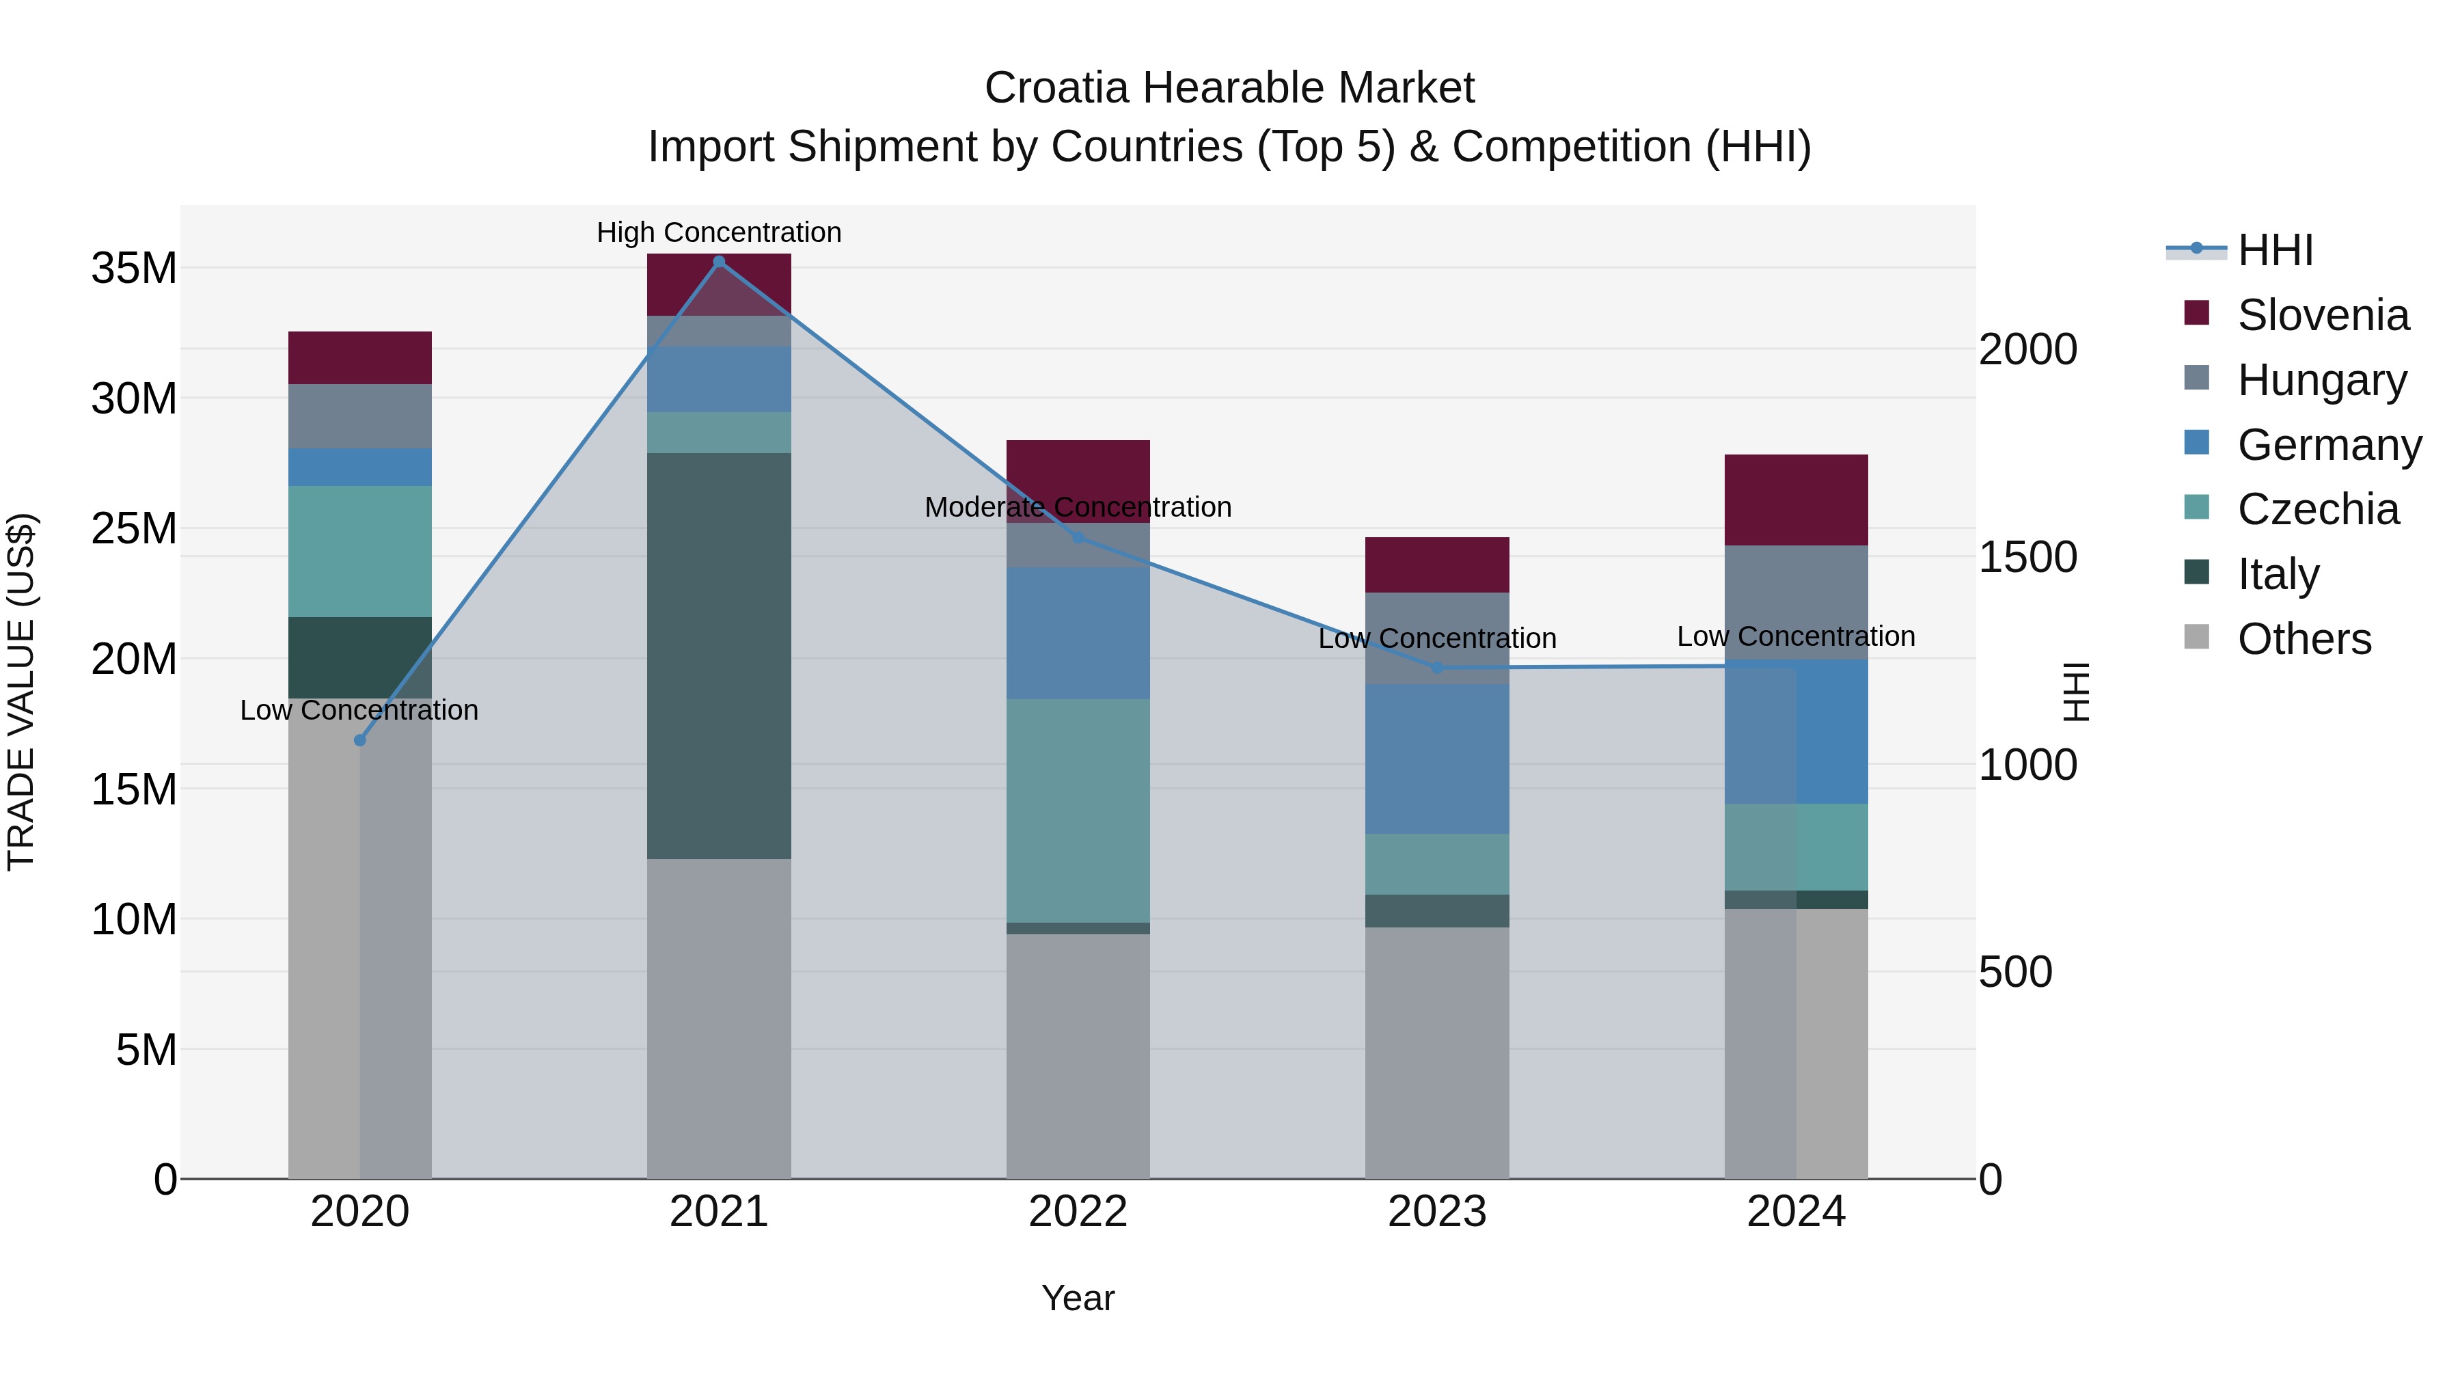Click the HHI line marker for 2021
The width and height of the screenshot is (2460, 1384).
719,262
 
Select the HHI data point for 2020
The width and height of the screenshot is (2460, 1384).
360,740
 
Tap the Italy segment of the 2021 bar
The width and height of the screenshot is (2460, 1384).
719,655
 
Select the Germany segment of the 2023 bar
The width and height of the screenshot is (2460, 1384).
1436,759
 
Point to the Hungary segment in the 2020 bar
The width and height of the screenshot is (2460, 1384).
360,416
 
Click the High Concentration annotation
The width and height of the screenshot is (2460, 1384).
719,232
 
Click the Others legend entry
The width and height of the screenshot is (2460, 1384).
2304,639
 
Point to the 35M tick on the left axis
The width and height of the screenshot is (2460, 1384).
134,269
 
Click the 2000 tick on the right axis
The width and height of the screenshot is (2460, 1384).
2027,349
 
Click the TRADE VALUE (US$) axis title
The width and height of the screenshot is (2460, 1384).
22,692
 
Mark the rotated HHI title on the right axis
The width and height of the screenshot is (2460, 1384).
2076,692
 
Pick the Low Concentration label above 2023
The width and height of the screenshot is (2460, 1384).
1436,638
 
